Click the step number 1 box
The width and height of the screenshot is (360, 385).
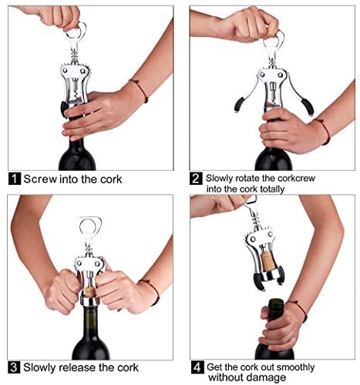(15, 179)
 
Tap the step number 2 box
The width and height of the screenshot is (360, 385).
(196, 179)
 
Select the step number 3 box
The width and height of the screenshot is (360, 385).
(14, 367)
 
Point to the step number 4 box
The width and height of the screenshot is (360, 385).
(197, 367)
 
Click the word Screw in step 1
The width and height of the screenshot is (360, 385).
(40, 179)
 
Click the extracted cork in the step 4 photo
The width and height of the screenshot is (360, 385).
(268, 262)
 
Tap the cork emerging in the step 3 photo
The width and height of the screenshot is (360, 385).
(89, 292)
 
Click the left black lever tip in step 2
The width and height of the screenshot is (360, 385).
(238, 105)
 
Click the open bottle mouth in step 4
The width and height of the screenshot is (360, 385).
(276, 301)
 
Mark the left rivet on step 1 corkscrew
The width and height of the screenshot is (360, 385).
(66, 69)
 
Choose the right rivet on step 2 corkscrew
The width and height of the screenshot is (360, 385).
(281, 75)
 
